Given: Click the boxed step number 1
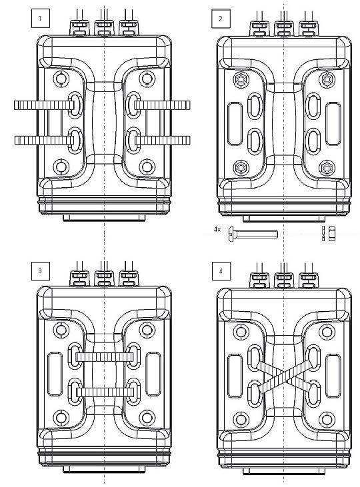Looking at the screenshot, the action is click(41, 19).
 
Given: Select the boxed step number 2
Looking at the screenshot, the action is click(221, 19).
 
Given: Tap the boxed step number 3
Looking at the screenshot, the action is click(41, 271).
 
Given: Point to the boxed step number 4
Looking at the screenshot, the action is click(221, 271).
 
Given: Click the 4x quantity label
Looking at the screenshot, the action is click(217, 229).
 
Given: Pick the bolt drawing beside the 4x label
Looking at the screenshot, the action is click(253, 234).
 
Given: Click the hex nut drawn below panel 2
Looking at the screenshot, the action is click(332, 234).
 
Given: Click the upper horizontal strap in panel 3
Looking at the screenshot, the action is click(105, 357).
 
